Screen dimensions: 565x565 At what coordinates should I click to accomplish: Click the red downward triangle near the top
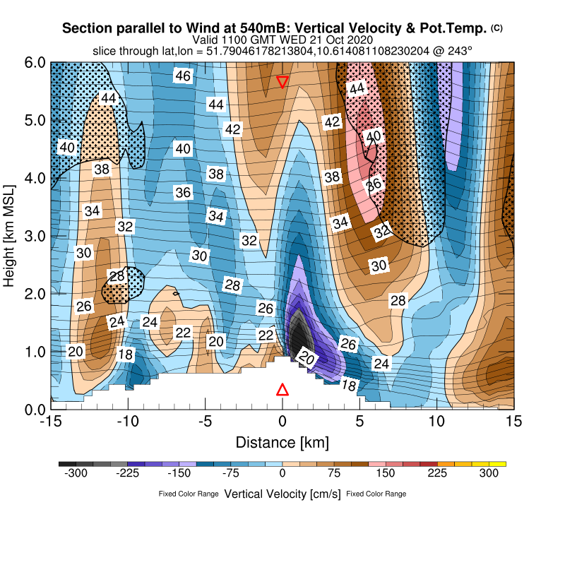click(x=282, y=82)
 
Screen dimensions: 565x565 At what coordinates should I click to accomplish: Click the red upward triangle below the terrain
click(x=282, y=390)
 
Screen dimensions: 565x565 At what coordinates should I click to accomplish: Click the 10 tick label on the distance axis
click(x=437, y=421)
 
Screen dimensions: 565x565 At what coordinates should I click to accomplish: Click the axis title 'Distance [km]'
click(x=282, y=443)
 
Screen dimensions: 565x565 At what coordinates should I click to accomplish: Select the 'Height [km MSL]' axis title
click(x=10, y=236)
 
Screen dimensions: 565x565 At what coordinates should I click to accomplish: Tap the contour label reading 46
click(x=183, y=76)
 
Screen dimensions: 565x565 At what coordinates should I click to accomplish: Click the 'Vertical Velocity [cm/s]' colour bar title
click(x=282, y=494)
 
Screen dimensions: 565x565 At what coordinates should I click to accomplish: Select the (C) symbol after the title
click(x=496, y=28)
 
